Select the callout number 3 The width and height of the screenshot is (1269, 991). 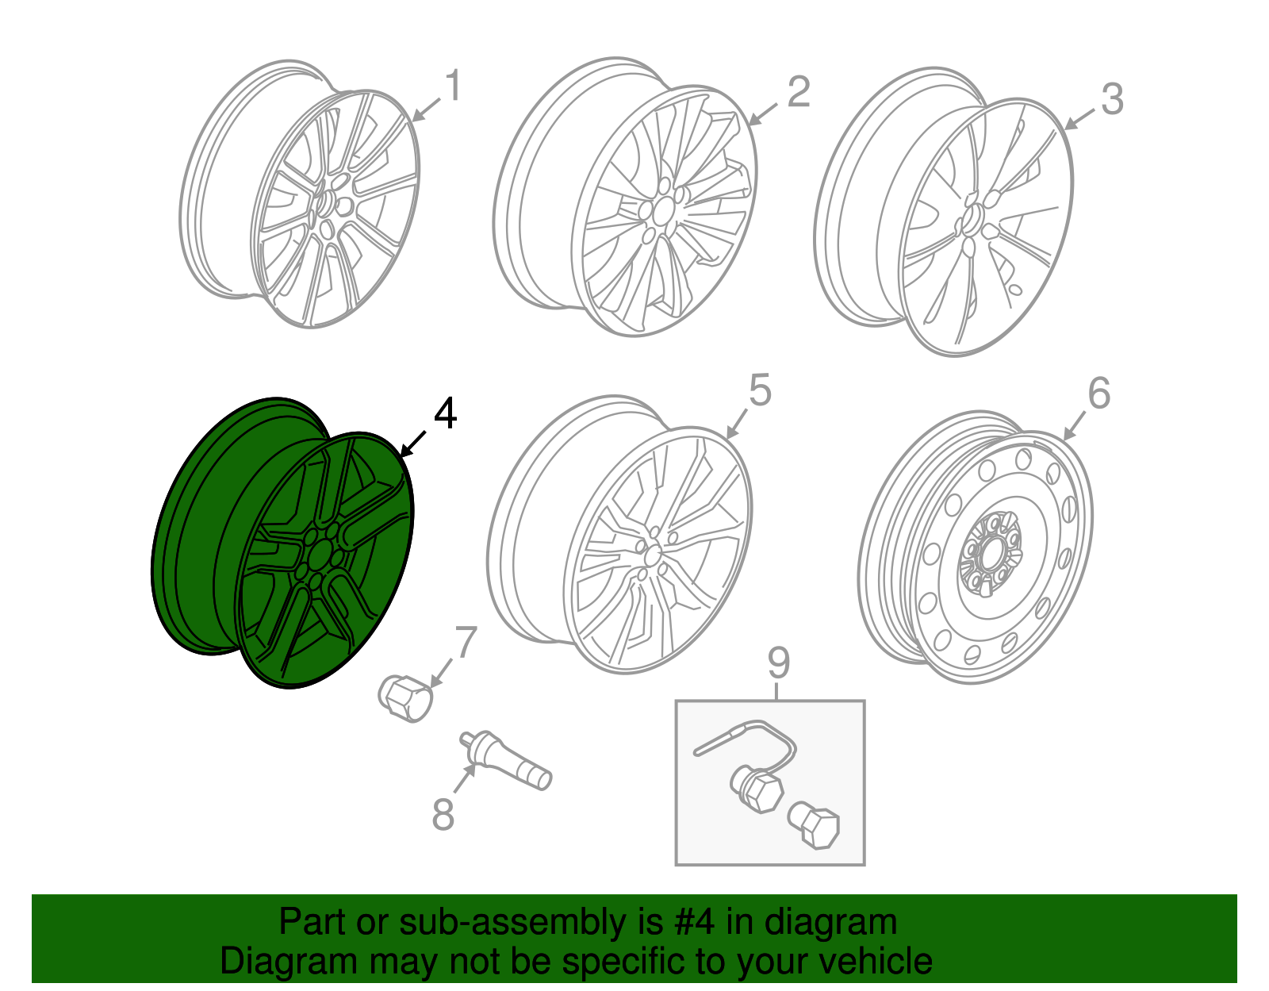(1112, 100)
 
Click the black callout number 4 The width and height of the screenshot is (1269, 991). (445, 414)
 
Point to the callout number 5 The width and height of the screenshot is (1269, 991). (759, 391)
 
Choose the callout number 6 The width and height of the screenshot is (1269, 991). (1098, 394)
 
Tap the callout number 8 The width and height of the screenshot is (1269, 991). (443, 814)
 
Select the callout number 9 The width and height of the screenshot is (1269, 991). (778, 663)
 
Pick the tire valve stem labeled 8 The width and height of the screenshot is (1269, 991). (508, 762)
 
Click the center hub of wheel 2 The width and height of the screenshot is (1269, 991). (661, 211)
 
